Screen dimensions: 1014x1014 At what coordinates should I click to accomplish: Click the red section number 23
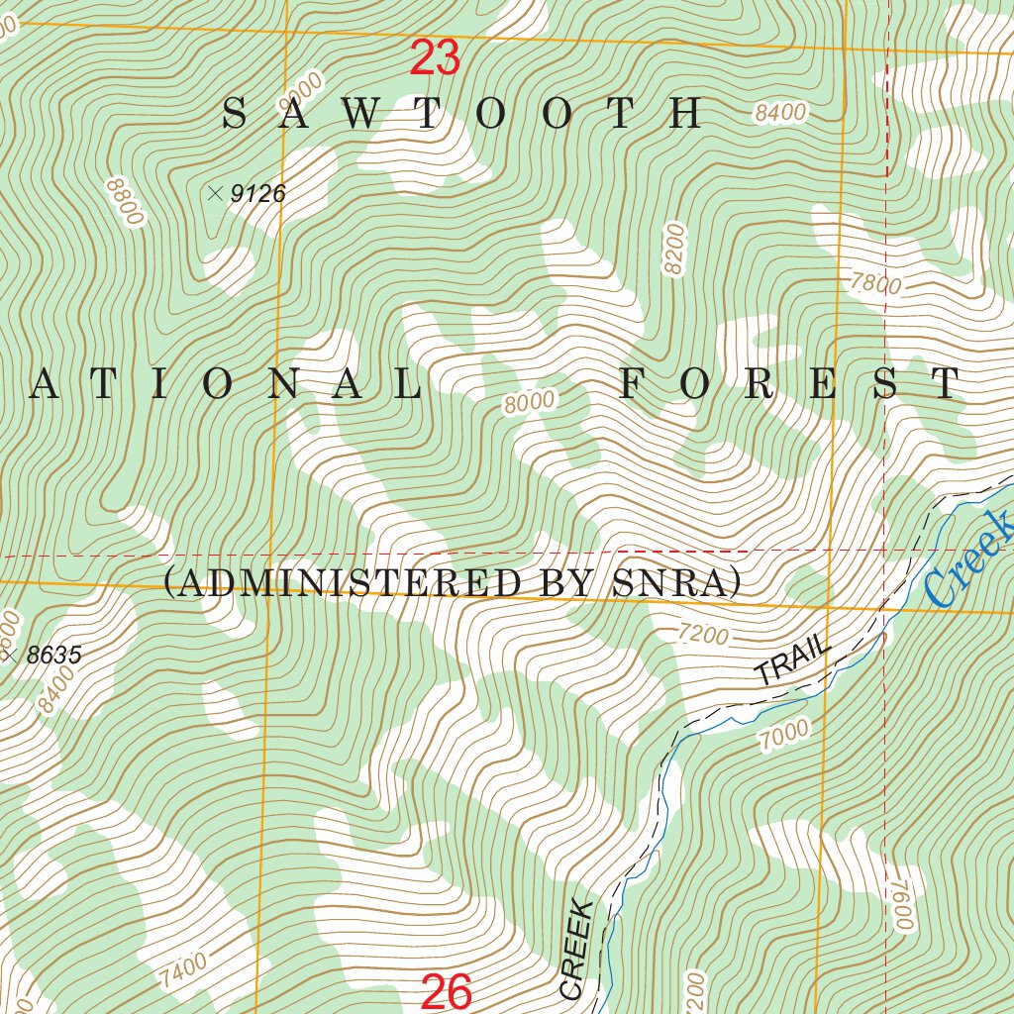(435, 59)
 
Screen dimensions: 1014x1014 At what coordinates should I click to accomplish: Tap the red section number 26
(447, 992)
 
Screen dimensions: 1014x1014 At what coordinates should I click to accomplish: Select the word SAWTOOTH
(462, 115)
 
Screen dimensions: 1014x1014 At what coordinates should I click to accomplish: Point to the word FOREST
(790, 384)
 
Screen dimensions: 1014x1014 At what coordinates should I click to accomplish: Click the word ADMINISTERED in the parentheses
(349, 583)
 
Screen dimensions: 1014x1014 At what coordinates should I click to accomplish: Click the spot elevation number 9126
(257, 194)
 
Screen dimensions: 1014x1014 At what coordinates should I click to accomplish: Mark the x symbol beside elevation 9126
(215, 193)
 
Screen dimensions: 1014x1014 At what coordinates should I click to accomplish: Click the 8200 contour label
(675, 250)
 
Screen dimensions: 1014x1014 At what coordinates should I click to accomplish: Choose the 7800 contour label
(875, 284)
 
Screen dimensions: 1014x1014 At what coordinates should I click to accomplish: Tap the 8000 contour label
(529, 403)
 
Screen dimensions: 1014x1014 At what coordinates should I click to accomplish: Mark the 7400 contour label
(181, 971)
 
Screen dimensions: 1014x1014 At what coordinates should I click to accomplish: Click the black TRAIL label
(791, 660)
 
